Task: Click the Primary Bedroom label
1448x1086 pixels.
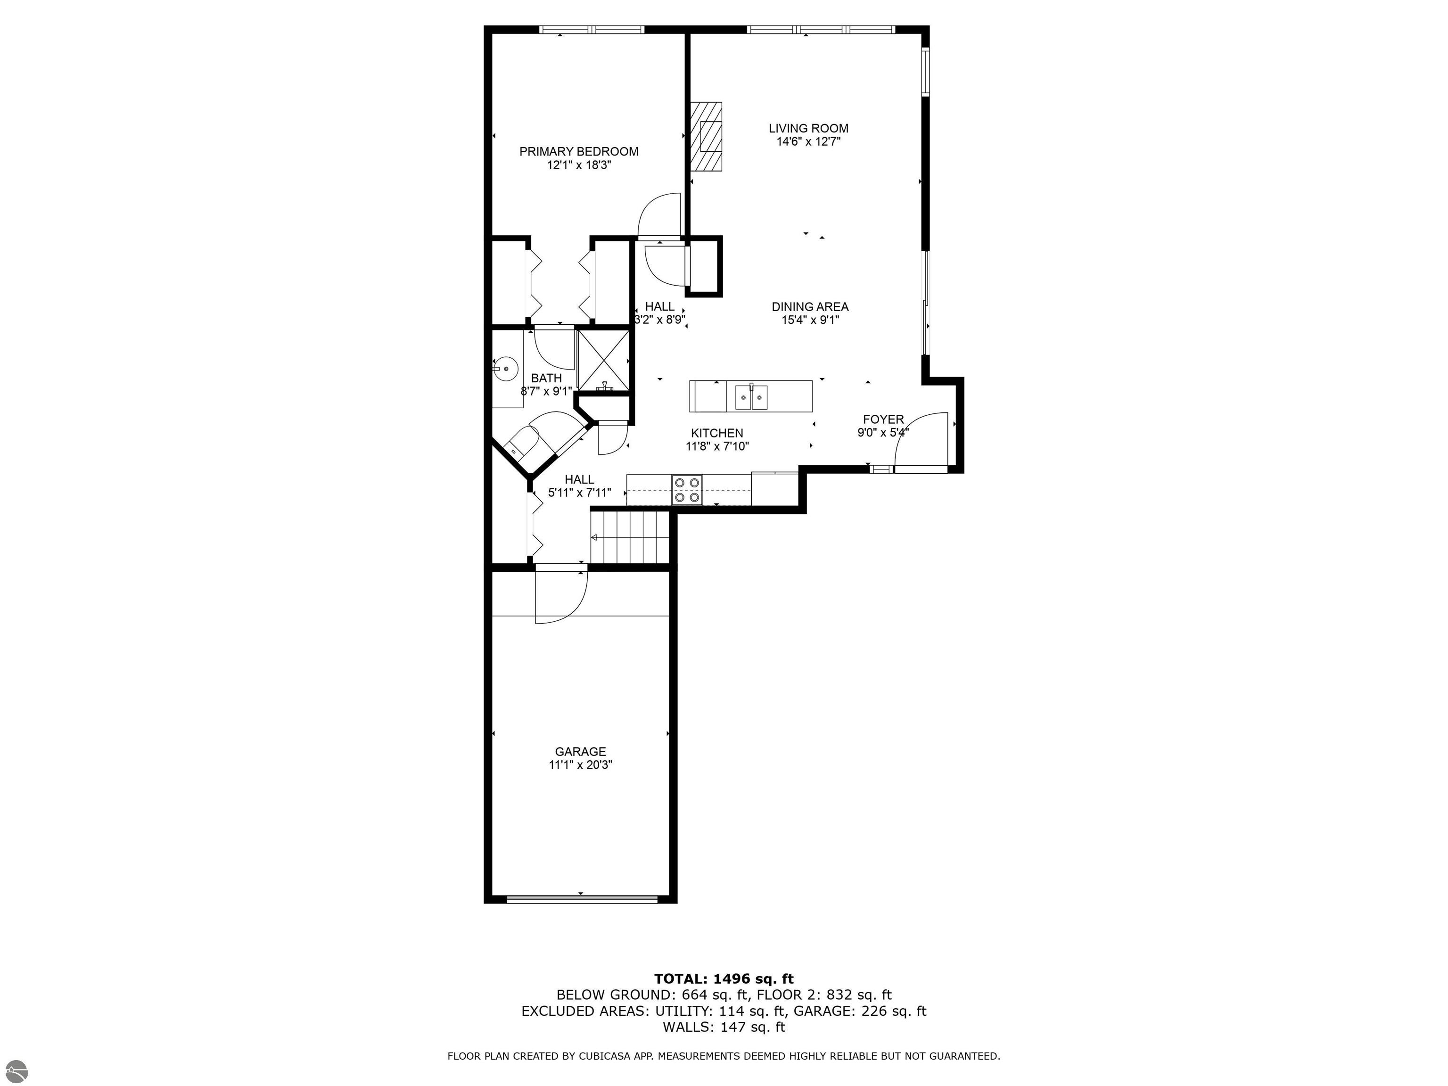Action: pyautogui.click(x=579, y=152)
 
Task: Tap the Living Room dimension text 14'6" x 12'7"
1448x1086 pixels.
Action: pyautogui.click(x=808, y=142)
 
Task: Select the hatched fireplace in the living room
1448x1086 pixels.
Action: pyautogui.click(x=707, y=137)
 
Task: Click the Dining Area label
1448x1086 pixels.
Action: pyautogui.click(x=810, y=306)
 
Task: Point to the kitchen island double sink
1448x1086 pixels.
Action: pyautogui.click(x=751, y=397)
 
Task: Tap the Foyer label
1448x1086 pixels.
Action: pyautogui.click(x=883, y=420)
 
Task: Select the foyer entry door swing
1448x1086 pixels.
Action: pyautogui.click(x=921, y=441)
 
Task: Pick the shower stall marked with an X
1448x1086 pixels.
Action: pyautogui.click(x=603, y=361)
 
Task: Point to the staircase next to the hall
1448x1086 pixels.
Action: pyautogui.click(x=630, y=537)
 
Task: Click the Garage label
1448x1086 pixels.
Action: pyautogui.click(x=580, y=751)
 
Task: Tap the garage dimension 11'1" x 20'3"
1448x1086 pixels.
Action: pyautogui.click(x=580, y=765)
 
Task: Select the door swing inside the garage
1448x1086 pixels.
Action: pyautogui.click(x=559, y=597)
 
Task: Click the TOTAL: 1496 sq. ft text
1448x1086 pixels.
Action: pyautogui.click(x=724, y=979)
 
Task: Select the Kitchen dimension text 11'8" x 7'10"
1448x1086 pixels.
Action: pyautogui.click(x=717, y=446)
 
